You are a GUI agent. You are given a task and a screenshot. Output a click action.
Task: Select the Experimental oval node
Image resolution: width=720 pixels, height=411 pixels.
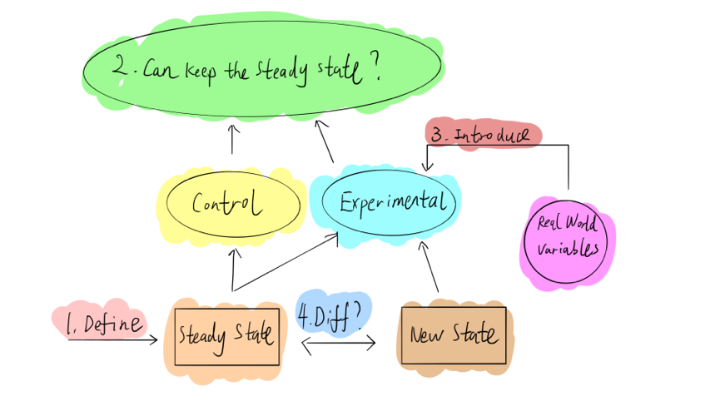388,201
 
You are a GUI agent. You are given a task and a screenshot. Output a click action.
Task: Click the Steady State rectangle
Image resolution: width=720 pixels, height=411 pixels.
226,336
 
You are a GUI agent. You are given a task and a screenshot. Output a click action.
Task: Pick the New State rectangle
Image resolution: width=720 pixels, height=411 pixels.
453,335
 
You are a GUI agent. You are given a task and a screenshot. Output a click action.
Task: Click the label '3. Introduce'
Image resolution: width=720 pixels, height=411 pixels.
484,136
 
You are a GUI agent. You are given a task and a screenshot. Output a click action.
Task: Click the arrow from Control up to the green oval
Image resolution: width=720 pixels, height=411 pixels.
232,139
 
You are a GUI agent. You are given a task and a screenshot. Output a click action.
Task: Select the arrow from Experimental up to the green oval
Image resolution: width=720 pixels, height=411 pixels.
325,141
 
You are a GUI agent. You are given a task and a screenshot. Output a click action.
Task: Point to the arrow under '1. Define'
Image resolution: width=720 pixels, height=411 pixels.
112,339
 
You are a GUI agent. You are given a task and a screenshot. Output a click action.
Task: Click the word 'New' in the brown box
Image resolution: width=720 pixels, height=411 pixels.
426,334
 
